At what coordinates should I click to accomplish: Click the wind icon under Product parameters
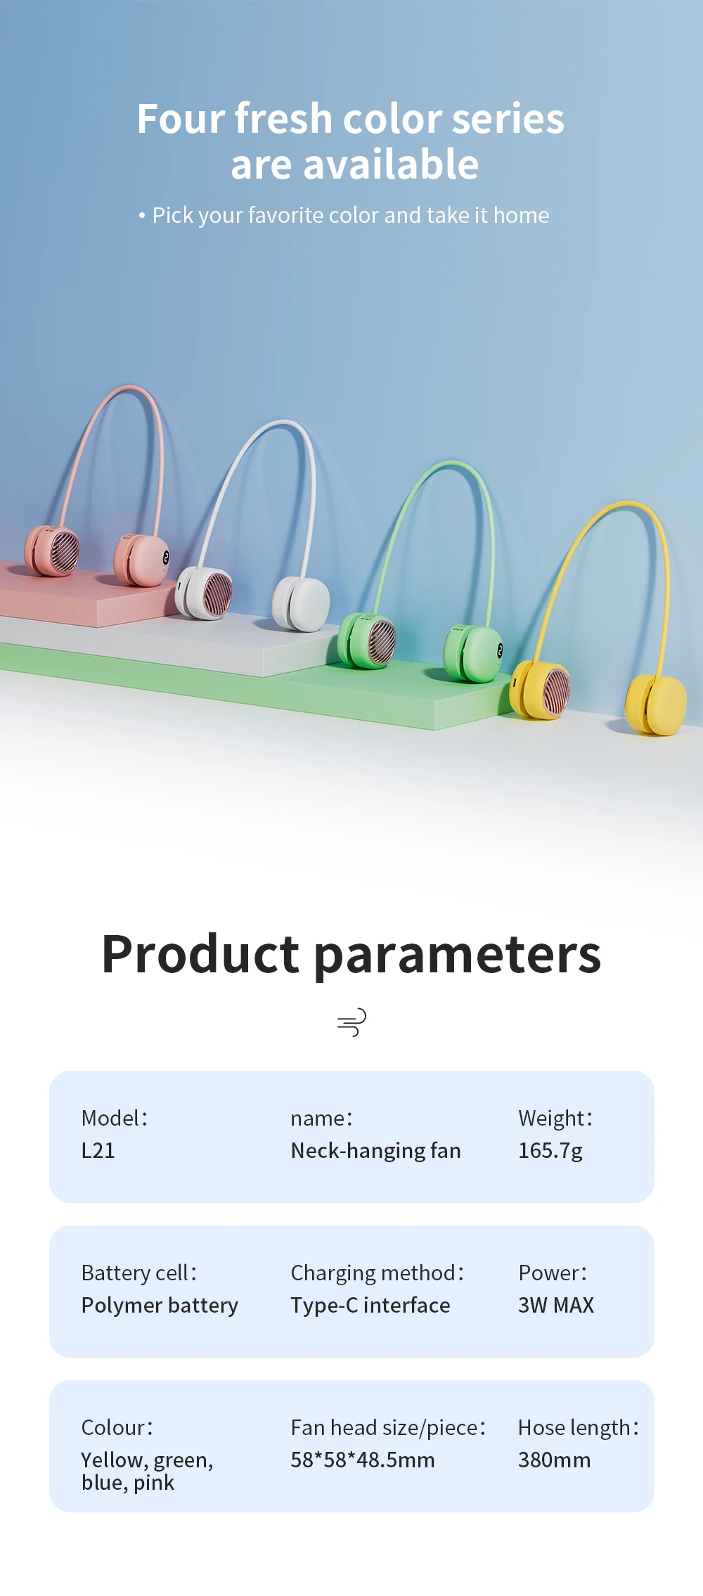pyautogui.click(x=351, y=1022)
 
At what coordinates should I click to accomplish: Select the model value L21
pyautogui.click(x=98, y=1151)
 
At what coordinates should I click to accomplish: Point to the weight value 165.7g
pyautogui.click(x=550, y=1151)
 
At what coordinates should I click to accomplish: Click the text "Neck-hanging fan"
pyautogui.click(x=376, y=1151)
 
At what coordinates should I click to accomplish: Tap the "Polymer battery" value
pyautogui.click(x=160, y=1306)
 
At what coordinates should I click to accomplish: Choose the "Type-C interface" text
pyautogui.click(x=370, y=1306)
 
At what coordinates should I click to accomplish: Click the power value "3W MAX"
pyautogui.click(x=556, y=1306)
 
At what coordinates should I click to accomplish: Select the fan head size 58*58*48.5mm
pyautogui.click(x=363, y=1460)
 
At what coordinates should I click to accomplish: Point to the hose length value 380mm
pyautogui.click(x=554, y=1460)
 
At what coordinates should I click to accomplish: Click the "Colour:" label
pyautogui.click(x=117, y=1428)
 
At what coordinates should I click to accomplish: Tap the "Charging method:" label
pyautogui.click(x=378, y=1273)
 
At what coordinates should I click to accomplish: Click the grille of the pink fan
pyautogui.click(x=65, y=552)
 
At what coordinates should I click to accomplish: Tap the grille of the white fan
pyautogui.click(x=217, y=595)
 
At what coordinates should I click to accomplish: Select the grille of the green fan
pyautogui.click(x=382, y=643)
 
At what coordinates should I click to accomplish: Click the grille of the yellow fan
pyautogui.click(x=556, y=692)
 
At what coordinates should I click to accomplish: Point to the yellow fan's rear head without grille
pyautogui.click(x=655, y=705)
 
